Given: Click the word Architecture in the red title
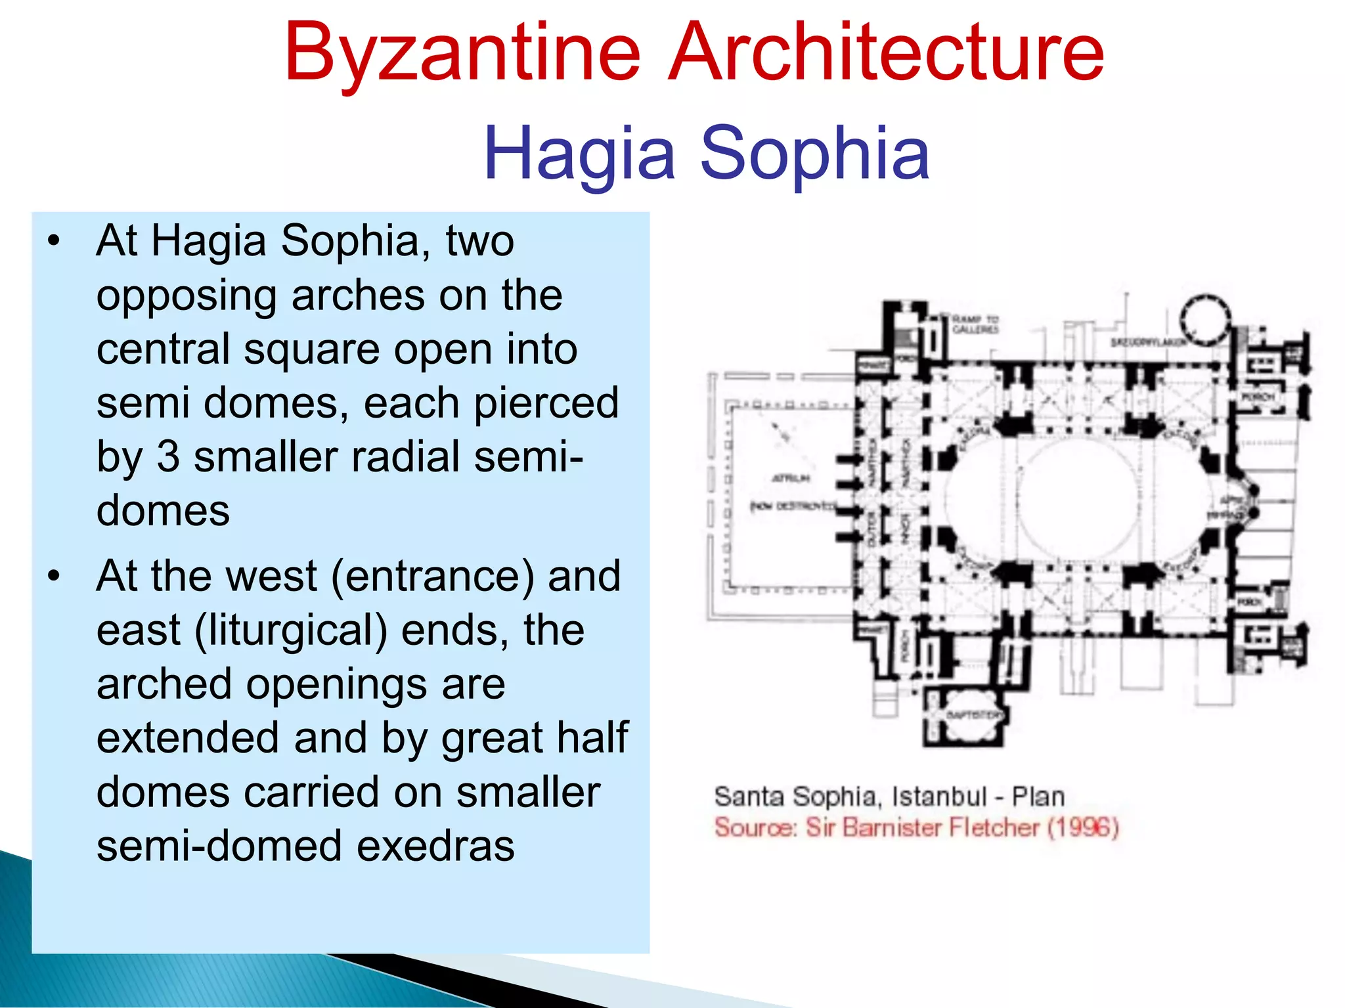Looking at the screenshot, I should (886, 53).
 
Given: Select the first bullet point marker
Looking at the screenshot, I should (54, 242).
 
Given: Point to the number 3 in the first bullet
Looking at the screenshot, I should (168, 456).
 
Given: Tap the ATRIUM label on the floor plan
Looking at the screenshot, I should (791, 478).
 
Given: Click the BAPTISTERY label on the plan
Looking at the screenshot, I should (976, 714).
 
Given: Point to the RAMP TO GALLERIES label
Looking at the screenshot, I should (975, 324).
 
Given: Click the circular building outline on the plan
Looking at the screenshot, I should (1205, 319).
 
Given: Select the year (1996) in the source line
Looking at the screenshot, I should (1083, 827).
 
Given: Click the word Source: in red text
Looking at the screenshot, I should (756, 827).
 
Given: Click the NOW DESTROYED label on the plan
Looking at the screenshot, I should (793, 506).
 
